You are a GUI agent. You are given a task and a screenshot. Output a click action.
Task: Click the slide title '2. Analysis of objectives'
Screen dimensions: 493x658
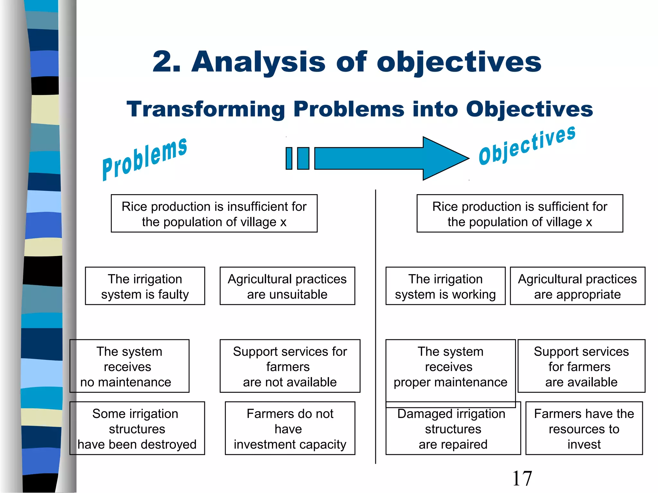(x=347, y=62)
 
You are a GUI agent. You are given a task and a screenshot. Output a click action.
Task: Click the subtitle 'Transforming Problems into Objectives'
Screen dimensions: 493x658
(x=360, y=109)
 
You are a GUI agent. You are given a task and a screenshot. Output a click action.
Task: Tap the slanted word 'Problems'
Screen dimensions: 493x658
(x=145, y=159)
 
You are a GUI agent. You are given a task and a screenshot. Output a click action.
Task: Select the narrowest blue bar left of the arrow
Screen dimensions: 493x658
(x=289, y=158)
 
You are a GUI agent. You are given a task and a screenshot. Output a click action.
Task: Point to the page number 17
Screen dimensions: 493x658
(x=522, y=478)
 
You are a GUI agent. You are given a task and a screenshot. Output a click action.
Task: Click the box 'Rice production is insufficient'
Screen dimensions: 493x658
(x=214, y=213)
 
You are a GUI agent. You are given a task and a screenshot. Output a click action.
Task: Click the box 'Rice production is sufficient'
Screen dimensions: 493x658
(x=520, y=213)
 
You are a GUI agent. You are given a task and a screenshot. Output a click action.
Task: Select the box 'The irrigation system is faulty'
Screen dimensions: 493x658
(x=145, y=286)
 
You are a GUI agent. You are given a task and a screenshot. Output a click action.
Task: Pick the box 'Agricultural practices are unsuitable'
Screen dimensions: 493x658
(x=287, y=286)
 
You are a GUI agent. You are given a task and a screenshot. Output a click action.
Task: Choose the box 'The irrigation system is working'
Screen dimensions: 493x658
(x=445, y=286)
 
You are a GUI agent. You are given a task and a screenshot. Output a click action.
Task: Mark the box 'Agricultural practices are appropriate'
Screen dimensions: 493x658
(x=577, y=286)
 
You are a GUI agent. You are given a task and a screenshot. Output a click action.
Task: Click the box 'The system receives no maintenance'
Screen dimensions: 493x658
(x=129, y=366)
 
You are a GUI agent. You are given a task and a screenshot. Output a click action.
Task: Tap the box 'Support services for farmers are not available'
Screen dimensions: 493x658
(x=290, y=366)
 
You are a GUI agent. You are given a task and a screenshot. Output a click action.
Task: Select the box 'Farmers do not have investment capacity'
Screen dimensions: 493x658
(x=290, y=428)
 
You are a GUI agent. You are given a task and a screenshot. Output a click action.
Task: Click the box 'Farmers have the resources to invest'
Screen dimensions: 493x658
(x=584, y=428)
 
